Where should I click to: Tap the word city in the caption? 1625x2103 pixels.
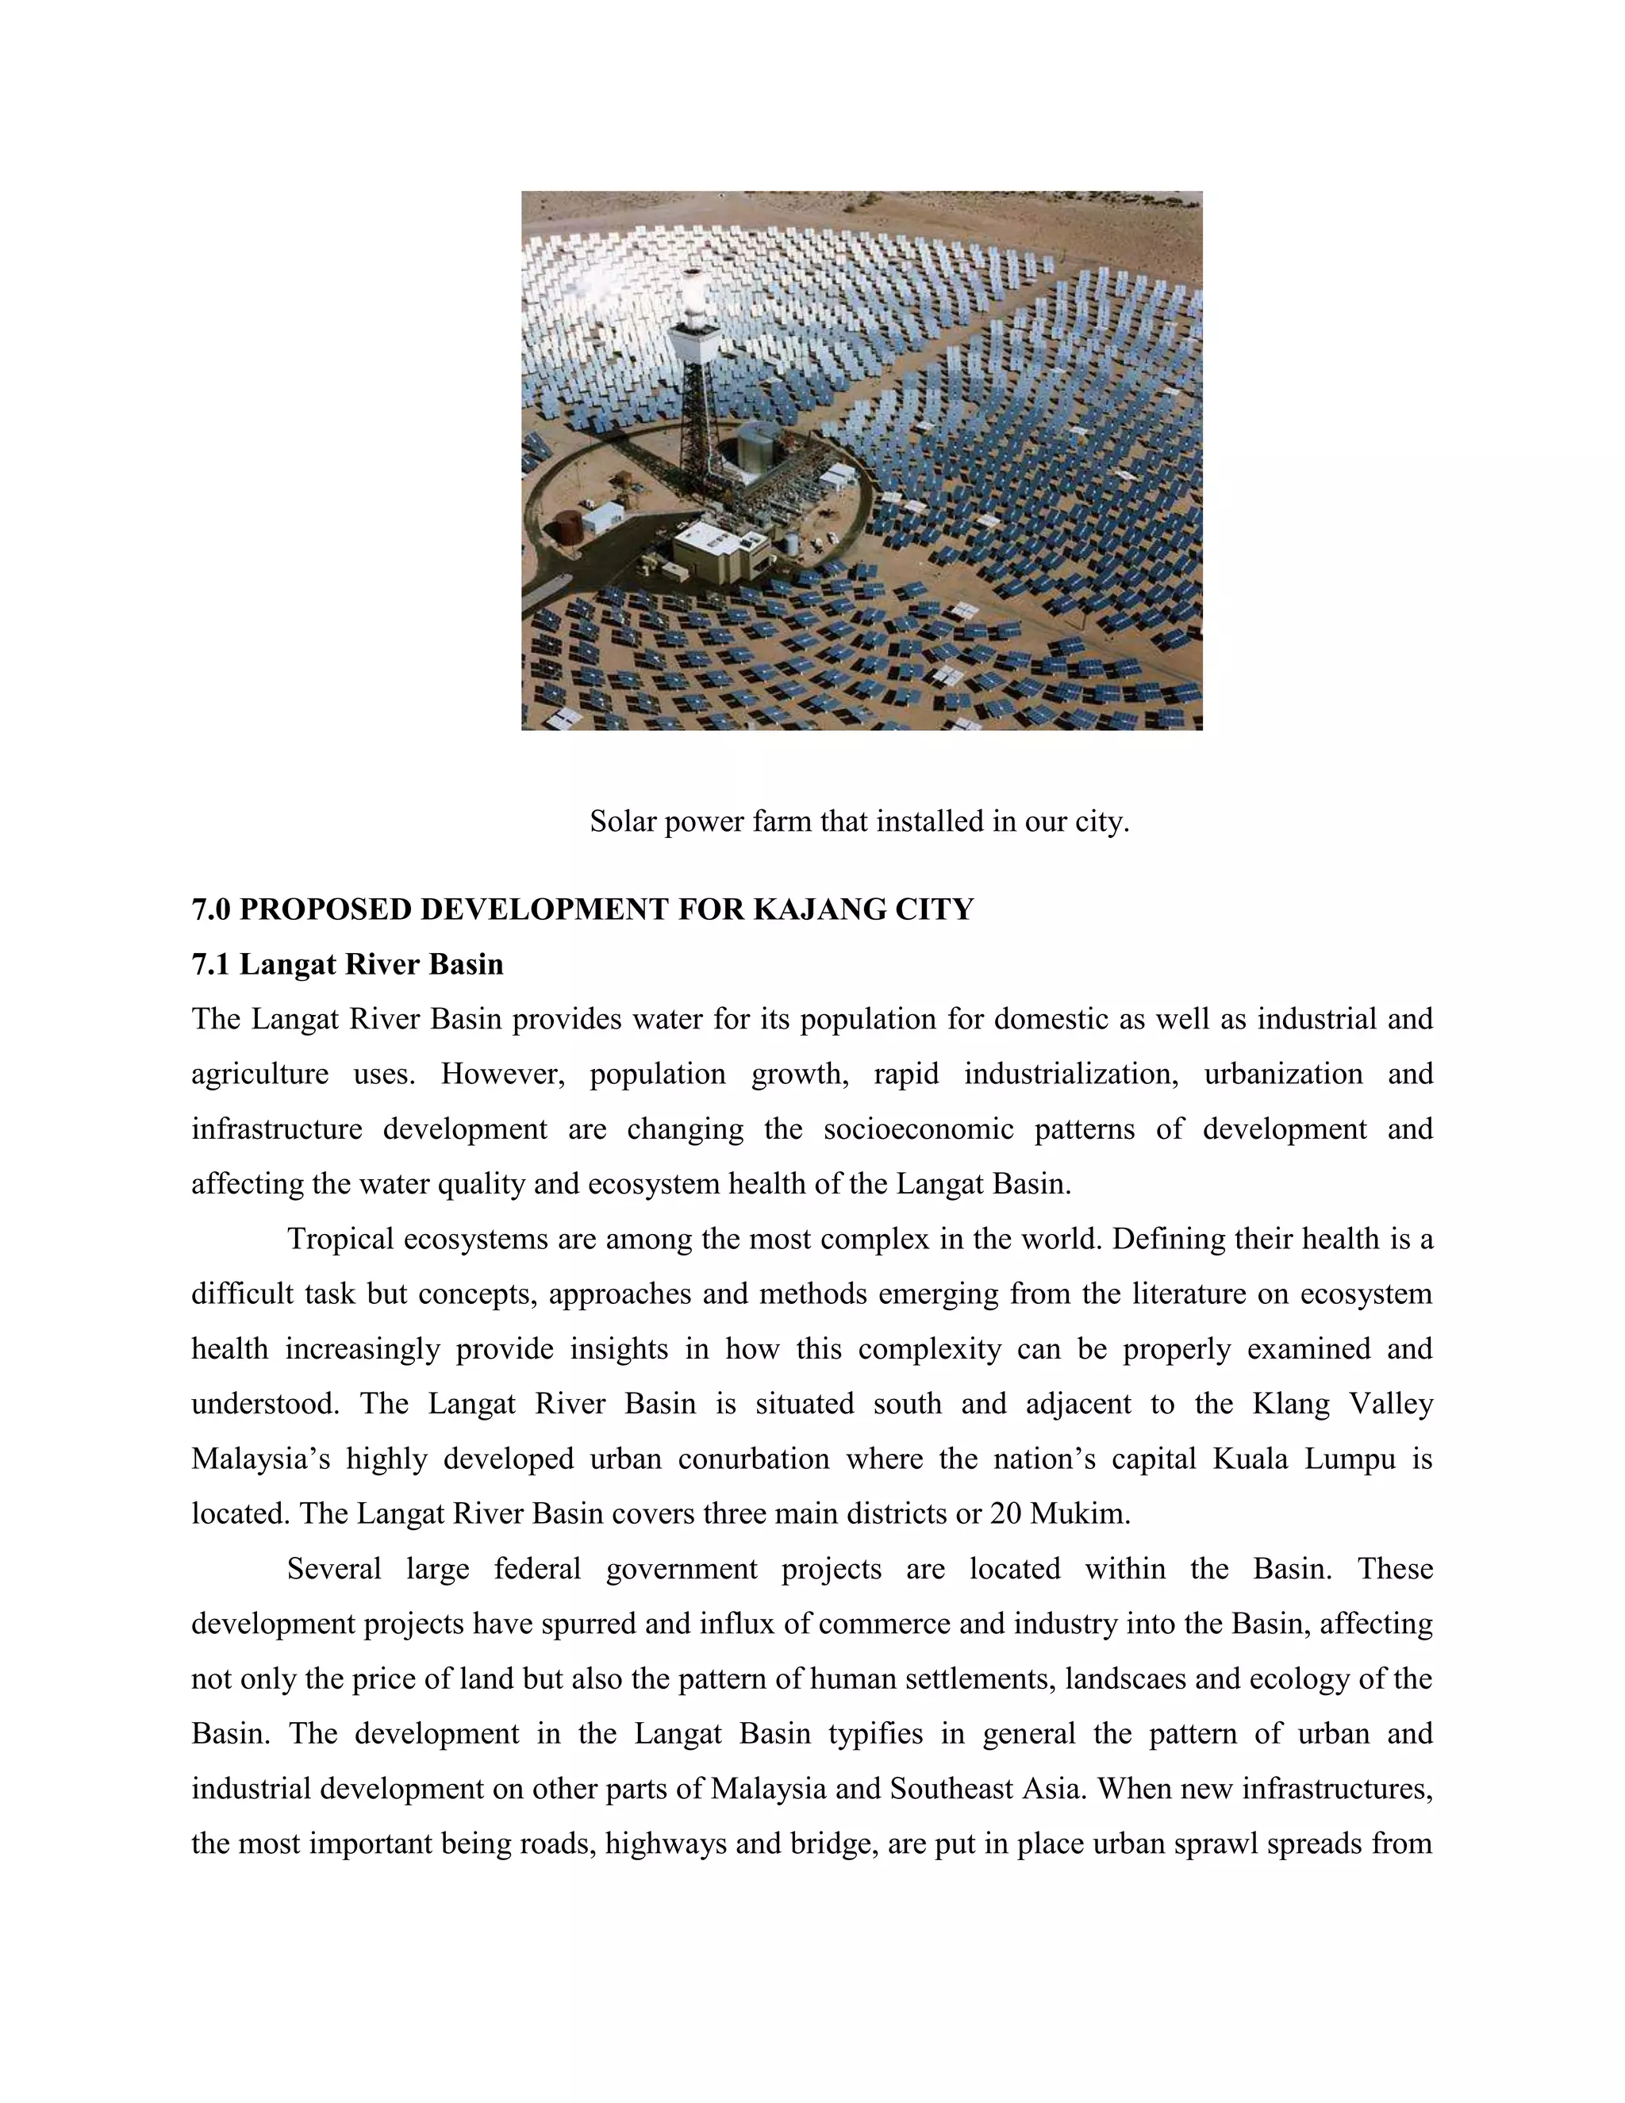pyautogui.click(x=1101, y=821)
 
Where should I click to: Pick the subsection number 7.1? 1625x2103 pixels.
pyautogui.click(x=211, y=964)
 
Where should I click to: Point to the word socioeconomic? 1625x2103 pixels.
pyautogui.click(x=918, y=1128)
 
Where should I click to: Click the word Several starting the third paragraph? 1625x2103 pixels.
pyautogui.click(x=334, y=1569)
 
